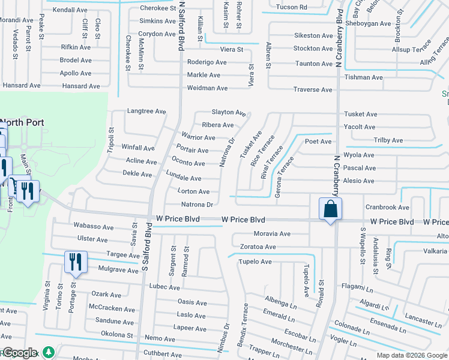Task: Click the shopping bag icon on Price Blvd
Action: click(x=330, y=209)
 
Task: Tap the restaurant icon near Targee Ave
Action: click(x=75, y=262)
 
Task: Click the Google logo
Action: click(x=19, y=353)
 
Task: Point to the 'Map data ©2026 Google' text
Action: click(x=412, y=355)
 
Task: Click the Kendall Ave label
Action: click(x=70, y=10)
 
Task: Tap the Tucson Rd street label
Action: click(x=292, y=7)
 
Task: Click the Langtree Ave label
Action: click(x=146, y=111)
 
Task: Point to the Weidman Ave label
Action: click(x=208, y=88)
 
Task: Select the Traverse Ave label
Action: click(x=312, y=90)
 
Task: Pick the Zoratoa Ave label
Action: click(x=258, y=247)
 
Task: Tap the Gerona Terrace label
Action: click(x=284, y=172)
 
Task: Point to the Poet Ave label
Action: click(x=318, y=142)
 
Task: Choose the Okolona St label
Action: click(x=116, y=334)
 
